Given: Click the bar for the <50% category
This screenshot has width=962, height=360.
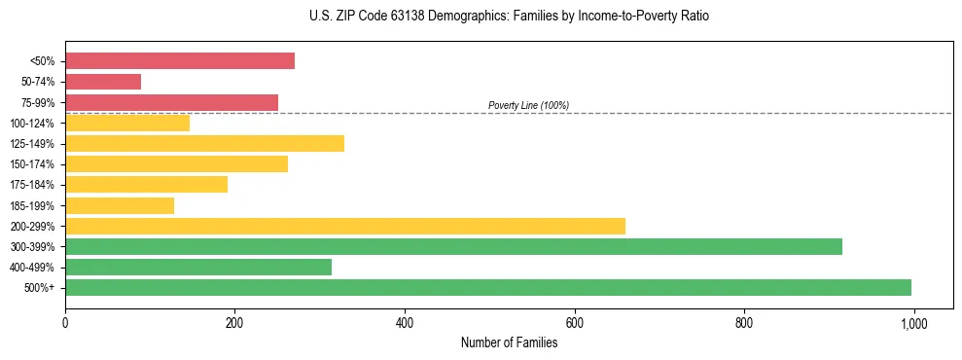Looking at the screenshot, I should point(180,61).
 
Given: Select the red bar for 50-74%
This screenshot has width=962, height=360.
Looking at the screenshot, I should point(103,82).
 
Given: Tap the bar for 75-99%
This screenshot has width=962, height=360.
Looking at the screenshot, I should point(171,102).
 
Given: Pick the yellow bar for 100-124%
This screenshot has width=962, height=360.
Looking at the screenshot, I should point(127,123).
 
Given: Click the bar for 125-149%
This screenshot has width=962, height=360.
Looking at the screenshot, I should point(204,144).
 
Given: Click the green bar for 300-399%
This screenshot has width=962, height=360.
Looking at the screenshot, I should point(453,246).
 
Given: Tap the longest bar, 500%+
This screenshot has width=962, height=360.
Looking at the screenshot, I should point(488,287).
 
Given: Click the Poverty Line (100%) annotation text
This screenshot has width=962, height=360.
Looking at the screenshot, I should point(528,105).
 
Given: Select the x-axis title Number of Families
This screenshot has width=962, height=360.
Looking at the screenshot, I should point(509,342).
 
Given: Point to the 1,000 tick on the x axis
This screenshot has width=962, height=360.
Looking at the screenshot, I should point(913,321).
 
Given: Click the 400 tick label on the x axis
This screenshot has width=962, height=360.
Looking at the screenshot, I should point(405,321).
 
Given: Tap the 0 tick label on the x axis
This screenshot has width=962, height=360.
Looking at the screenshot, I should point(65,321).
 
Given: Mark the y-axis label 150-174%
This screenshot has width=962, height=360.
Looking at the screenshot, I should point(32,164).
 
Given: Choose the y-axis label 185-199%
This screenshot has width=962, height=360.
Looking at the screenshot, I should point(32,205).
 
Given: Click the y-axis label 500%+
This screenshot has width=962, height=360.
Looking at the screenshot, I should point(40,288).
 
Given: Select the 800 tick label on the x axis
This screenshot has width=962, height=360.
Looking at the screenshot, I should point(744,321).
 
